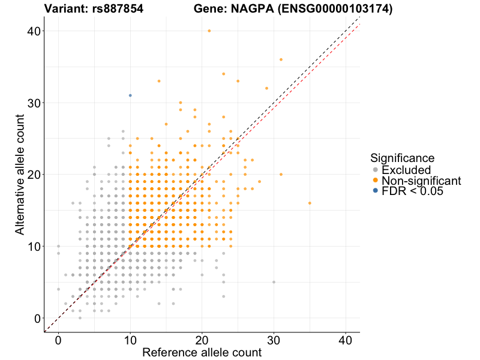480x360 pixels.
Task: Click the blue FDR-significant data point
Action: click(130, 95)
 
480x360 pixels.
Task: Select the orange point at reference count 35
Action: click(310, 203)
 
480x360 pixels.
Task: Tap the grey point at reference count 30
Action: click(274, 282)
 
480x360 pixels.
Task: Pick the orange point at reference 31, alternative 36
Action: click(281, 59)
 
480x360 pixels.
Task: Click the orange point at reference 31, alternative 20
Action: click(281, 175)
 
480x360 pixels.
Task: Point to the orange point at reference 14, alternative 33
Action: click(159, 81)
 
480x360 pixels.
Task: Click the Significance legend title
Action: click(402, 158)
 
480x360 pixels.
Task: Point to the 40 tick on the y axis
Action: click(34, 31)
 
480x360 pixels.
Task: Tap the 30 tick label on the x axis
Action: click(274, 340)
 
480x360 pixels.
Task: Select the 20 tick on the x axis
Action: click(202, 340)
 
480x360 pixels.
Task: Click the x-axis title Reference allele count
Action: click(202, 352)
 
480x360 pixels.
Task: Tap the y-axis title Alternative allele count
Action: click(20, 175)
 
